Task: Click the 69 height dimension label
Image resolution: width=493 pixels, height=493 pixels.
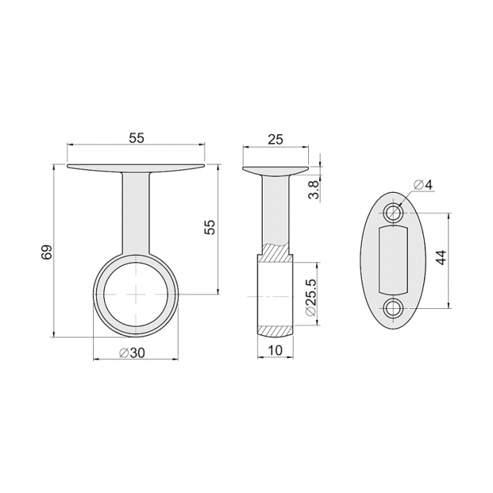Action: click(x=46, y=252)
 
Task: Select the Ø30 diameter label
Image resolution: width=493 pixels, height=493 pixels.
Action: click(x=132, y=353)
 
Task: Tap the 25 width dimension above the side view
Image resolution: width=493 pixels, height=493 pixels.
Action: click(x=275, y=139)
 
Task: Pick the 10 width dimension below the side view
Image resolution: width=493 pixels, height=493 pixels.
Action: click(x=275, y=350)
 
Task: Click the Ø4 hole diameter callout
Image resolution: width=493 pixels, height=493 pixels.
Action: click(x=423, y=185)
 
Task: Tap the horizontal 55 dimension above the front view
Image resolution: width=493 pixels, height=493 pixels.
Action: click(x=136, y=138)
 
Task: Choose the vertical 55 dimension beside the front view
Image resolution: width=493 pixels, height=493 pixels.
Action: click(x=210, y=227)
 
